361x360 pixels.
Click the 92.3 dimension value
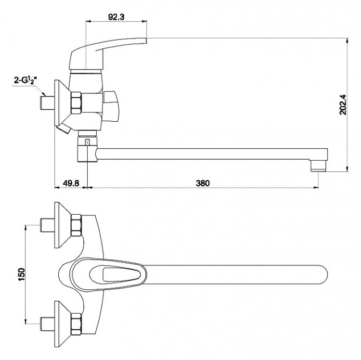point(116,17)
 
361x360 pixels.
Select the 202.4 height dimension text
point(344,105)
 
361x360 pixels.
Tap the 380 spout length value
point(203,183)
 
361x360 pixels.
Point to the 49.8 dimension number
point(71,183)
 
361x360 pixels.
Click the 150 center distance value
point(21,274)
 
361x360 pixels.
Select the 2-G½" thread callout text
point(25,80)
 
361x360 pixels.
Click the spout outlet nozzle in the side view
point(319,166)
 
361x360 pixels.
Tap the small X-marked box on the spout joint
point(88,142)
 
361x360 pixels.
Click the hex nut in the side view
point(77,103)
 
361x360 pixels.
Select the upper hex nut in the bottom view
point(77,225)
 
